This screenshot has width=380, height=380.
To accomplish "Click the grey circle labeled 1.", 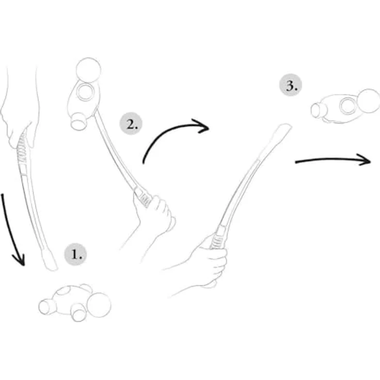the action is (x=75, y=254).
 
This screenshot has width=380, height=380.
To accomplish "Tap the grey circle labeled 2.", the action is (x=131, y=123).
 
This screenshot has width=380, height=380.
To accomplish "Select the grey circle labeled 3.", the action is (x=291, y=85).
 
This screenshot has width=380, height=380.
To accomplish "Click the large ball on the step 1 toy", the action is (x=99, y=305).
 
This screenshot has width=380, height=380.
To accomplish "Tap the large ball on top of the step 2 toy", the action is (x=88, y=70).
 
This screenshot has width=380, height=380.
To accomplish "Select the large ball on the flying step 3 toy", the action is (x=368, y=101).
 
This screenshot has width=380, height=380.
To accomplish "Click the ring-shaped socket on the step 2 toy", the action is (x=85, y=92).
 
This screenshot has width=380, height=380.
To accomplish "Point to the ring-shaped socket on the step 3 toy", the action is (x=349, y=106).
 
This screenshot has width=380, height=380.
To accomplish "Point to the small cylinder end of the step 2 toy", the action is (x=78, y=122).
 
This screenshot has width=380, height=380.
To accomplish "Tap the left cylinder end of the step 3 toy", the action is (x=318, y=110).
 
